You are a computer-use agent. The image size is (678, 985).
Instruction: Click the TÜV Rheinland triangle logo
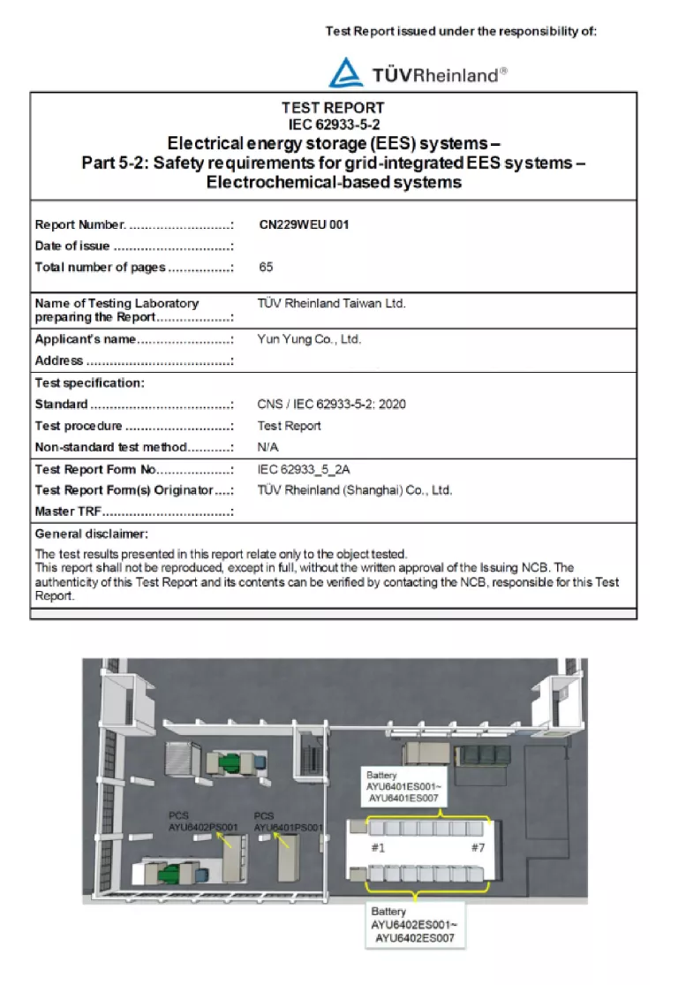(346, 72)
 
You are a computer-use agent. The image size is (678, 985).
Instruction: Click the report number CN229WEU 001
(304, 224)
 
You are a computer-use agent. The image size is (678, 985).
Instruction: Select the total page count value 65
(267, 267)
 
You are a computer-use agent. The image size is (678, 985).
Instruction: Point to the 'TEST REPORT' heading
(333, 108)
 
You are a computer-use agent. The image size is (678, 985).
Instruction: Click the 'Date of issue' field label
(72, 246)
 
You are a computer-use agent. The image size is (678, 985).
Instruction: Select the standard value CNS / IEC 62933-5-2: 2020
(331, 405)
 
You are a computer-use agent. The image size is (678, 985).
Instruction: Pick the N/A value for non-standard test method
(267, 447)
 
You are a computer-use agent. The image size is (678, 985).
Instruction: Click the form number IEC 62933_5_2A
(310, 469)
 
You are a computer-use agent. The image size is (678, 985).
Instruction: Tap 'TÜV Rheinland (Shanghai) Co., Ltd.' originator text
(355, 490)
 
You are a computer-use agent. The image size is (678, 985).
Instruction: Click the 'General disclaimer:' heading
(92, 534)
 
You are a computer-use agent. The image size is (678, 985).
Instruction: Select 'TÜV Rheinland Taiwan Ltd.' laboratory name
(331, 303)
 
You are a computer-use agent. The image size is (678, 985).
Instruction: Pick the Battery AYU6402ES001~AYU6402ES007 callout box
(413, 924)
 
